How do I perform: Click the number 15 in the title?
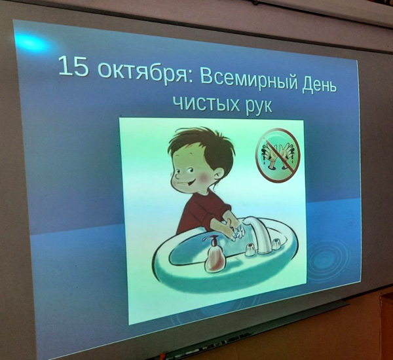[x=73, y=66]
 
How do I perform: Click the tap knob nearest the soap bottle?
[x=250, y=249]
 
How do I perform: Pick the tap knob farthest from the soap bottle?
[x=276, y=243]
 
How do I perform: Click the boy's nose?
[x=175, y=175]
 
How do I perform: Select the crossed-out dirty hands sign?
[x=278, y=155]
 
